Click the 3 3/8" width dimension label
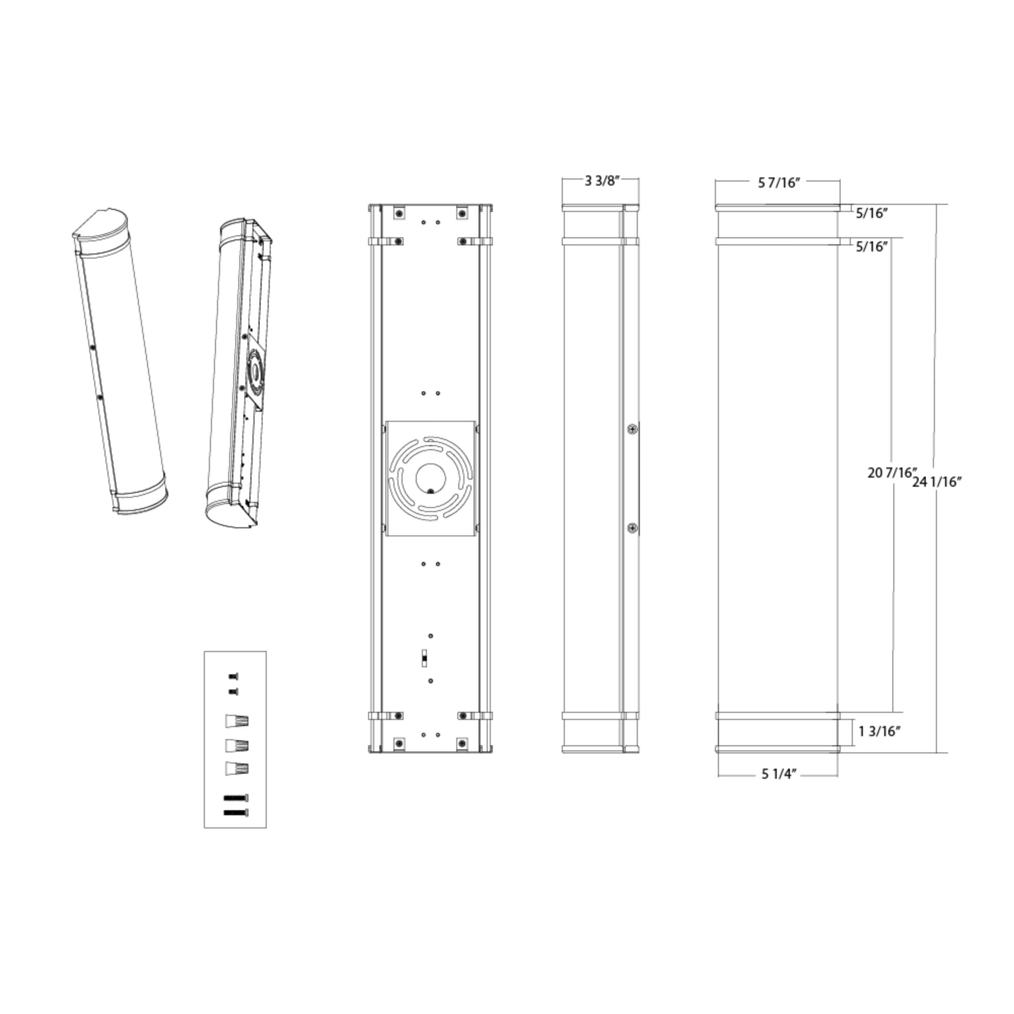(x=602, y=181)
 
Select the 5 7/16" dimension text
(x=779, y=183)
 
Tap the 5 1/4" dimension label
(x=779, y=774)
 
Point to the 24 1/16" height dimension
(x=937, y=482)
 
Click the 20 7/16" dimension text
(x=892, y=473)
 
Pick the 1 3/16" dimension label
(x=879, y=731)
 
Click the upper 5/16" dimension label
(x=872, y=213)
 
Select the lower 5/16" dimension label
(x=872, y=247)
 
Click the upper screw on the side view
(x=633, y=429)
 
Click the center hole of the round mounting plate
(x=430, y=477)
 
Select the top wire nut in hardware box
(x=237, y=720)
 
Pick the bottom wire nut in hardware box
(x=237, y=769)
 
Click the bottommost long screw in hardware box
(x=236, y=812)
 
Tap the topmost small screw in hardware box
(x=234, y=676)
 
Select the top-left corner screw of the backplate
(x=400, y=213)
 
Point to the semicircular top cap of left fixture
(x=101, y=225)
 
